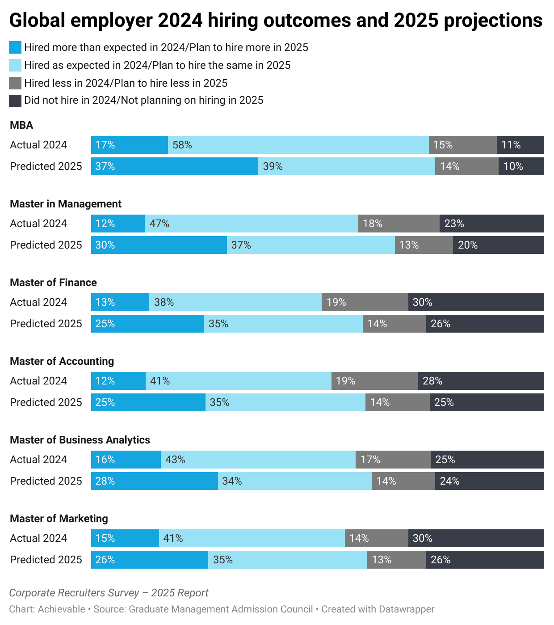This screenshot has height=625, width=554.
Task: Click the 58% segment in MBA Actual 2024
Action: pos(298,145)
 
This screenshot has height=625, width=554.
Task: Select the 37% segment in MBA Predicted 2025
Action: pos(174,166)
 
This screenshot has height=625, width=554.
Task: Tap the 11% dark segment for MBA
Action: pos(520,145)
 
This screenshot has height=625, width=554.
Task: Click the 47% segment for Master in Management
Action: pos(251,224)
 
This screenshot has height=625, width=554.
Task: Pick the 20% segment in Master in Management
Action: pos(498,245)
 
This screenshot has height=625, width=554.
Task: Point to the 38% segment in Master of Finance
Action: pos(235,302)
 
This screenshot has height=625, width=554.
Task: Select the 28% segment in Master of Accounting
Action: pos(481,381)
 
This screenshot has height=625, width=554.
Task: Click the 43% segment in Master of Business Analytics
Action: pos(258,460)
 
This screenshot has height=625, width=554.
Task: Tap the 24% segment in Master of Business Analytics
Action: pos(489,481)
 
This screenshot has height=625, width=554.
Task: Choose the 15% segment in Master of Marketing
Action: pos(125,538)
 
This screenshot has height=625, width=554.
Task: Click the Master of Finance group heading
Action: pos(53,283)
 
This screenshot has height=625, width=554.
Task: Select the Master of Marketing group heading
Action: pos(59,519)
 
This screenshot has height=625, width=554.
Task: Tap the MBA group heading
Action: pos(21,125)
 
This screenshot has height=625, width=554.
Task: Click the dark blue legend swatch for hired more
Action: pos(15,47)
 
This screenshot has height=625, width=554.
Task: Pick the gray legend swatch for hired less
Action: pos(15,83)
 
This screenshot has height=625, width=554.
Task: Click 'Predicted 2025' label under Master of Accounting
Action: pos(46,402)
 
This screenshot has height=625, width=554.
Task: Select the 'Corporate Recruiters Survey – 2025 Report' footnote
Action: pos(109,593)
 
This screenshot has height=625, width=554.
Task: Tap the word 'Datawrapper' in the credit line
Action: pos(406,609)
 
